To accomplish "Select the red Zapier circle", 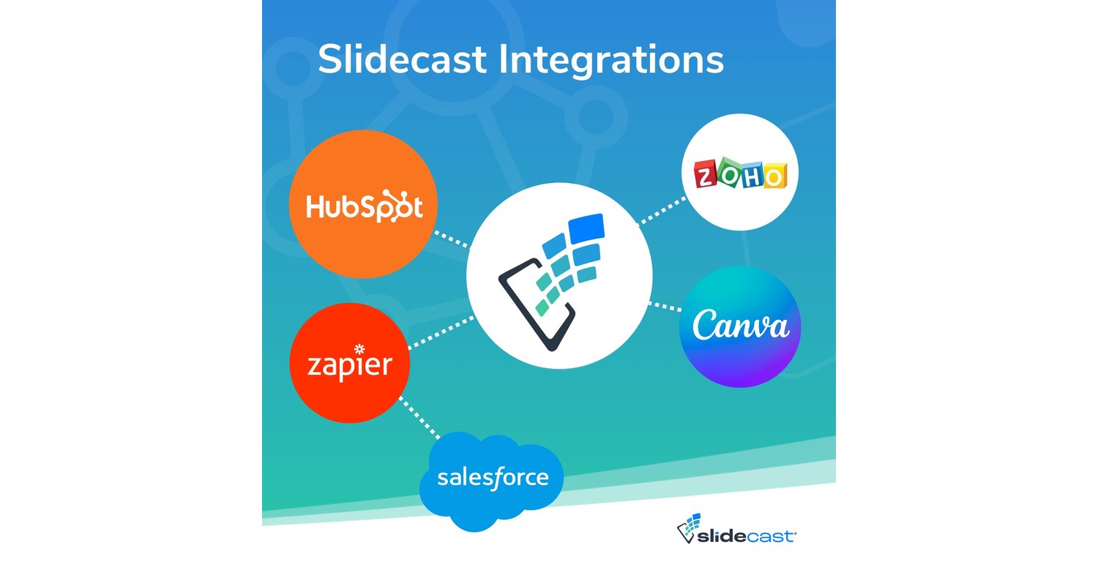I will point(349,364).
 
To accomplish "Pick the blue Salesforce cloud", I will point(492,479).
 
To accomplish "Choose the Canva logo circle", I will point(740,327).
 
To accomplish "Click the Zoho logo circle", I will point(739,173).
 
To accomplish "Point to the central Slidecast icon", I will point(559,275).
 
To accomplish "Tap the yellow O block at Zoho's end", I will point(774,176).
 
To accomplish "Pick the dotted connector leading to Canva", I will point(665,305).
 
